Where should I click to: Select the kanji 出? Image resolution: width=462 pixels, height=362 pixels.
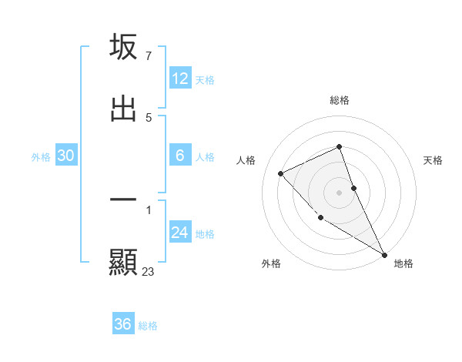(123, 109)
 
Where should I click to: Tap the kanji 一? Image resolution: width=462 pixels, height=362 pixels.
(123, 199)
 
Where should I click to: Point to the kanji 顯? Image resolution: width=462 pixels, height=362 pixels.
(123, 263)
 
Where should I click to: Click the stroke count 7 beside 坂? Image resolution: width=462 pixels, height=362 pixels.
(148, 55)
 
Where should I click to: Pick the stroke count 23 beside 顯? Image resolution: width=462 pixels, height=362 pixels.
(149, 271)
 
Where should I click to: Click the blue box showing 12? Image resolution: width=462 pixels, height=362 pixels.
(180, 79)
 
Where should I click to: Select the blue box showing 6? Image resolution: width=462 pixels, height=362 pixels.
(180, 156)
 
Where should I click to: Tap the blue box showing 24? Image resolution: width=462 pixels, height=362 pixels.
(180, 233)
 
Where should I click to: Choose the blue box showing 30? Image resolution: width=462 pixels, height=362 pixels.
(66, 156)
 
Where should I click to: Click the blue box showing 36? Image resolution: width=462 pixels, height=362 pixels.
(123, 324)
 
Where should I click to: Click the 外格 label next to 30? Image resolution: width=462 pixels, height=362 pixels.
(41, 156)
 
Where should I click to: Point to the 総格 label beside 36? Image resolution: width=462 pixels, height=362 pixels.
(148, 326)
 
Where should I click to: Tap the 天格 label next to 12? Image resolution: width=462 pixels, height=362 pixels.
(205, 79)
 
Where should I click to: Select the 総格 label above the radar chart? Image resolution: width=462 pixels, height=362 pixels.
(340, 100)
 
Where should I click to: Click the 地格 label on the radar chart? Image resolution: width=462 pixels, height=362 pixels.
(403, 264)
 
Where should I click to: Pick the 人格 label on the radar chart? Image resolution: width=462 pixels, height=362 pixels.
(246, 160)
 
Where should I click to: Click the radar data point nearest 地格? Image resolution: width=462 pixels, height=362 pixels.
(384, 255)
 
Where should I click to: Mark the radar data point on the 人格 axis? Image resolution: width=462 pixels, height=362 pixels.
(281, 173)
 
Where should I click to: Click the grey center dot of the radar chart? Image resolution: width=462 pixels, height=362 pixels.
(339, 193)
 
